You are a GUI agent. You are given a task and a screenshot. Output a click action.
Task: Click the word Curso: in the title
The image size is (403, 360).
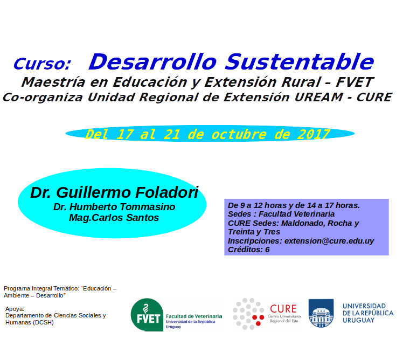pyautogui.click(x=42, y=64)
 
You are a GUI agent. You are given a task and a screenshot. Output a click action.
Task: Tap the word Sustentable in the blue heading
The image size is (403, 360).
pyautogui.click(x=300, y=62)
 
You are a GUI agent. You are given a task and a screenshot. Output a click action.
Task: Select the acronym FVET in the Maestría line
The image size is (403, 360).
pyautogui.click(x=355, y=82)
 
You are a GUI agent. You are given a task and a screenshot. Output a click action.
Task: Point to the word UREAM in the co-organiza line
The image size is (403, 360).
pyautogui.click(x=319, y=98)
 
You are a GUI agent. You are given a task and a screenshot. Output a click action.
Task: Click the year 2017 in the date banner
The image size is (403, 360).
pyautogui.click(x=314, y=134)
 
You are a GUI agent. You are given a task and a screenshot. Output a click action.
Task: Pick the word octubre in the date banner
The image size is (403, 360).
pyautogui.click(x=239, y=134)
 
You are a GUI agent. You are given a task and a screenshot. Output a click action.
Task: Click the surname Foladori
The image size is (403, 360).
pyautogui.click(x=167, y=192)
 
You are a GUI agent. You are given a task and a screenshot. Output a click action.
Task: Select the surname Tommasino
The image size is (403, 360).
pyautogui.click(x=148, y=207)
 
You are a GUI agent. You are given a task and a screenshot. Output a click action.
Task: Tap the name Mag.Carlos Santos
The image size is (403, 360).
pyautogui.click(x=114, y=218)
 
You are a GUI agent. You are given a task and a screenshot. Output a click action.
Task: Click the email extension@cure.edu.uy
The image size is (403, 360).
pyautogui.click(x=329, y=241)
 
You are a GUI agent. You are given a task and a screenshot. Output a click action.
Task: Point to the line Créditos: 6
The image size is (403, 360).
pyautogui.click(x=248, y=250)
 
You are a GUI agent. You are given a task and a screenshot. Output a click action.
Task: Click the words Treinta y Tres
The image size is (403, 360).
pyautogui.click(x=254, y=232)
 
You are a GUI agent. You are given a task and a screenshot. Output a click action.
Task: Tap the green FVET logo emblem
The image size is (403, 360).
pyautogui.click(x=147, y=315)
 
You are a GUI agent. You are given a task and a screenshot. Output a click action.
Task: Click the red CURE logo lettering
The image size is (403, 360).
pyautogui.click(x=283, y=309)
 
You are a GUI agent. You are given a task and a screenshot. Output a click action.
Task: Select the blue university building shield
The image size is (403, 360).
pyautogui.click(x=321, y=313)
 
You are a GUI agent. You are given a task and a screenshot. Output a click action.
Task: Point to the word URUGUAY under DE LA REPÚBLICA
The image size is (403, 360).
pyautogui.click(x=358, y=321)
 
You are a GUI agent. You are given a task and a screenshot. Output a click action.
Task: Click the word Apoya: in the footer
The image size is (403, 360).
pyautogui.click(x=15, y=309)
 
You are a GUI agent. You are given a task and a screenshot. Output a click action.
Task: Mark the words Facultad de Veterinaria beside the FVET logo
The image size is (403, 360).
pyautogui.click(x=194, y=316)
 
